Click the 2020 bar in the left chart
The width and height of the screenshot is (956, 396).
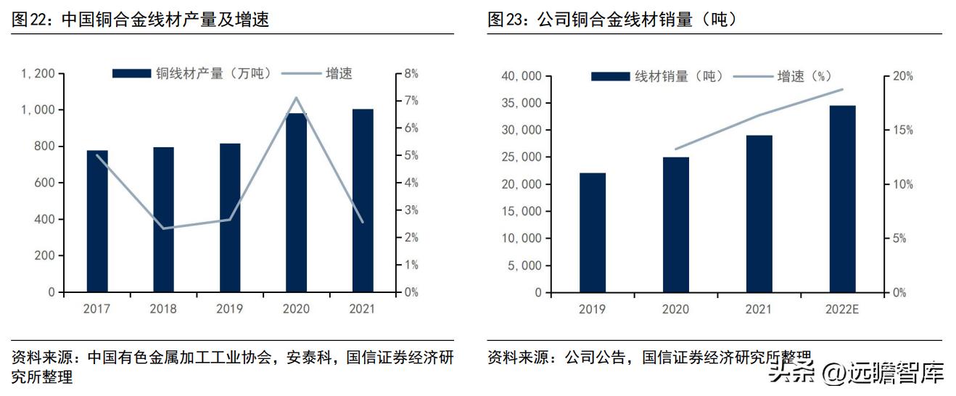point(296,202)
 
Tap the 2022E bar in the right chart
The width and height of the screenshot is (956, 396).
point(843,199)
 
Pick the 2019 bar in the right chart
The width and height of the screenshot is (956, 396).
point(592,232)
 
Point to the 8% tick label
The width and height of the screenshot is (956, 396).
point(411,73)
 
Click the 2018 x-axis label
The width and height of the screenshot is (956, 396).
point(163,309)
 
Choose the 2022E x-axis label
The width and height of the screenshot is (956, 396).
point(842,310)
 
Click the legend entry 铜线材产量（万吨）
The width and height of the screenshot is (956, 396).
point(191,73)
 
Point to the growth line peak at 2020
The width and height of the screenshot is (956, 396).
point(296,98)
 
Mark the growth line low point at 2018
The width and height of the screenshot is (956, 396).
point(163,228)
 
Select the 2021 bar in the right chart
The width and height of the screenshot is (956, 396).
point(759,214)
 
